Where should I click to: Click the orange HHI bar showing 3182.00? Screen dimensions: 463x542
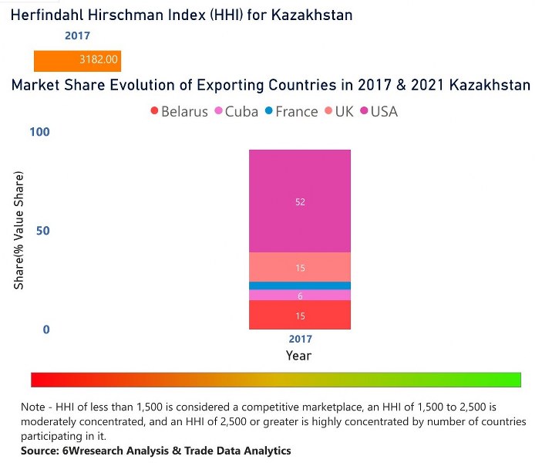tap(77, 60)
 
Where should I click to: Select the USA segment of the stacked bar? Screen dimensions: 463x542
tap(300, 201)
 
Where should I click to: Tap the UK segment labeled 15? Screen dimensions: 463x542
tap(300, 267)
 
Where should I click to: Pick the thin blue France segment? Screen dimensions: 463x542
tap(300, 286)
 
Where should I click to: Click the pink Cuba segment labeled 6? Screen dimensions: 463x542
tap(300, 295)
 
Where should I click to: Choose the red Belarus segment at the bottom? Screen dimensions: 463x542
tap(300, 315)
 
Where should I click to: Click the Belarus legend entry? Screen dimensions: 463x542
tap(179, 112)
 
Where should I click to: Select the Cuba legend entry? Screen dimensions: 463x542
tap(236, 112)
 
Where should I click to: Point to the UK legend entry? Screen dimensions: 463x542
tap(338, 112)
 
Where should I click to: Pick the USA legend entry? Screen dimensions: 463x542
tap(379, 112)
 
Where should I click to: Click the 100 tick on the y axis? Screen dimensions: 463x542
tap(39, 132)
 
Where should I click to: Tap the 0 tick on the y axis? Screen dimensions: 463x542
tap(45, 330)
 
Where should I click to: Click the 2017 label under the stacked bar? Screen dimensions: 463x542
tap(300, 340)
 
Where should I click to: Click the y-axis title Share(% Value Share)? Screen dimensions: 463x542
tap(19, 231)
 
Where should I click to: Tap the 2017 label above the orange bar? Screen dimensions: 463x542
tap(77, 35)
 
